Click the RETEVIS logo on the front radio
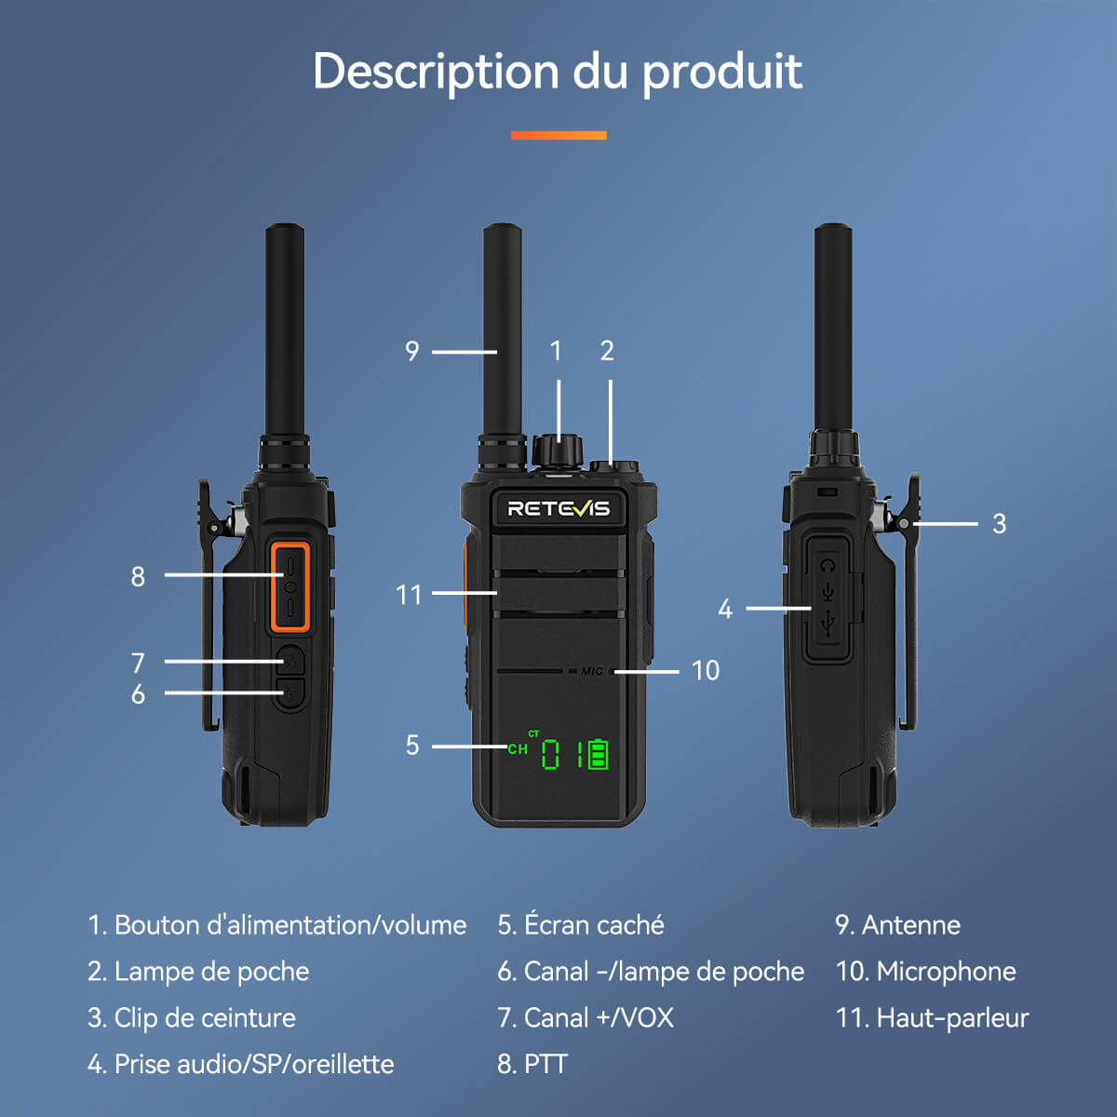[558, 508]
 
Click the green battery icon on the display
[598, 754]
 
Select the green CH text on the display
[518, 748]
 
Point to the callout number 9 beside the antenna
[412, 352]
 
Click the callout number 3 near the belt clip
[999, 524]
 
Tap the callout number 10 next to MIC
[705, 670]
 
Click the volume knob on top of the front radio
[557, 451]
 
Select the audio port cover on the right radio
[828, 598]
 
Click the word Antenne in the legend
[910, 925]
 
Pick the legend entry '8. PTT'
[532, 1064]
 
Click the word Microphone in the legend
[946, 972]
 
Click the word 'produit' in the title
[722, 73]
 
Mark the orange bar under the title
[558, 136]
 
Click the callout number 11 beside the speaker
[409, 596]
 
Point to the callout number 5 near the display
[412, 746]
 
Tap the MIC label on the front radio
[592, 671]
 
